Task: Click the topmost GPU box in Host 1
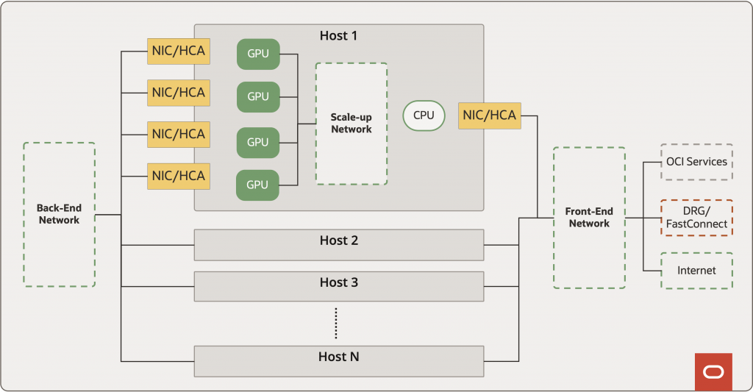click(x=258, y=54)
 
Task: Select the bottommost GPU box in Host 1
click(x=258, y=185)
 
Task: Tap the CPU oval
click(x=424, y=115)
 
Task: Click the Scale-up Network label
click(x=351, y=123)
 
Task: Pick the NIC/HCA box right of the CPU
click(x=489, y=115)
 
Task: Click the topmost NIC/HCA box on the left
click(x=177, y=51)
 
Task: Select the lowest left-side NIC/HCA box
click(x=177, y=176)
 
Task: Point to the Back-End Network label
click(x=59, y=214)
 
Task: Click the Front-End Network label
click(x=589, y=218)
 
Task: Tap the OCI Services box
click(x=696, y=162)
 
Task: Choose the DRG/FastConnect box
click(x=696, y=218)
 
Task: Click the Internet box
click(x=696, y=271)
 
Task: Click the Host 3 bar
click(x=339, y=286)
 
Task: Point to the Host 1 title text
click(x=338, y=35)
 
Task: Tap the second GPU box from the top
click(x=258, y=96)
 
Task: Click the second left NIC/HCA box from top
click(x=177, y=93)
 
